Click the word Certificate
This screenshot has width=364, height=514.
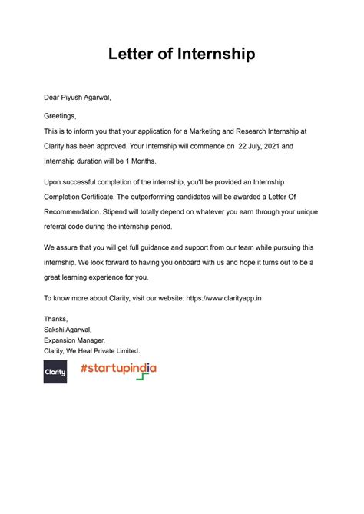(x=105, y=196)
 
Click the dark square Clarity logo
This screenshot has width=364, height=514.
(x=55, y=372)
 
